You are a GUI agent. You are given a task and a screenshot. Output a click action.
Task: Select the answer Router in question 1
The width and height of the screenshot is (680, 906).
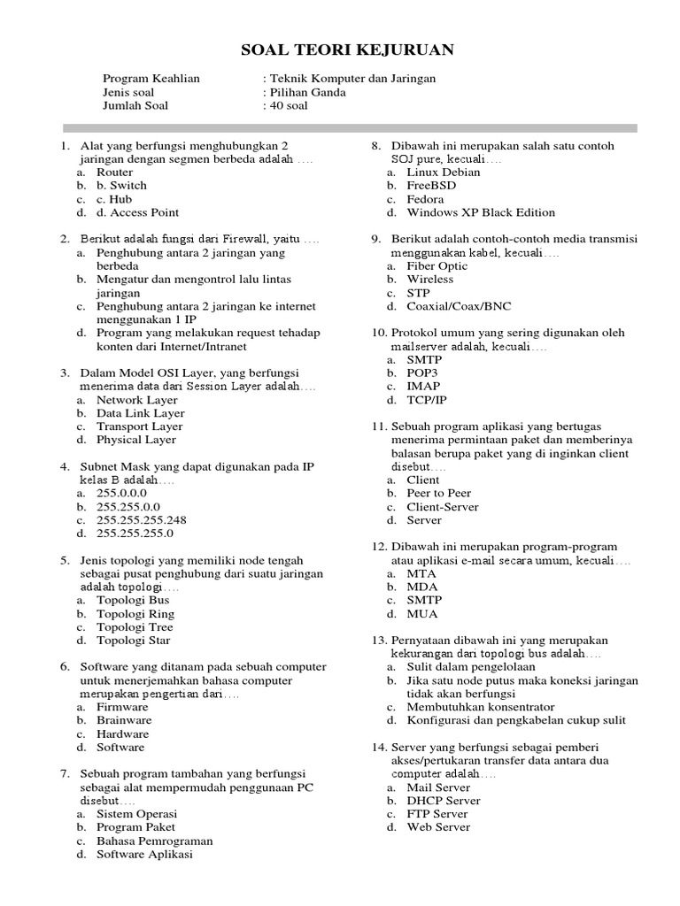pyautogui.click(x=115, y=173)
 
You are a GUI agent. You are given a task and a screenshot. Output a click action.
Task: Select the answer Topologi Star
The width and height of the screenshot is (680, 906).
pyautogui.click(x=134, y=641)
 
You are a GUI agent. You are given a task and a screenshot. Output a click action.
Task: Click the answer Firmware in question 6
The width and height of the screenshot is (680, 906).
pyautogui.click(x=122, y=708)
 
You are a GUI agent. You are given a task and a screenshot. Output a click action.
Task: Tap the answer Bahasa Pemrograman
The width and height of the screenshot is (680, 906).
pyautogui.click(x=154, y=841)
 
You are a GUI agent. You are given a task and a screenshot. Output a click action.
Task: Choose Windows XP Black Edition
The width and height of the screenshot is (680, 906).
pyautogui.click(x=481, y=212)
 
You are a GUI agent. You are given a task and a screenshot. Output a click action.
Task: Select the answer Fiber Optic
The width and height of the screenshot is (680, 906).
pyautogui.click(x=437, y=265)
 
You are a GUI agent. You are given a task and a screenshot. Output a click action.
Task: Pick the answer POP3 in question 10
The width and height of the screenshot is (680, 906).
pyautogui.click(x=422, y=373)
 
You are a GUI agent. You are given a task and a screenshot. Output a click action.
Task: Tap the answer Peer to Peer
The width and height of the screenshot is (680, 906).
pyautogui.click(x=438, y=494)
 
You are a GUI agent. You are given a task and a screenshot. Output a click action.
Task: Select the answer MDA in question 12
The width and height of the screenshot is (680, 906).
pyautogui.click(x=421, y=587)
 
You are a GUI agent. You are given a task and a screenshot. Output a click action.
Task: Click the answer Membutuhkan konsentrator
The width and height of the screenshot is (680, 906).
pyautogui.click(x=480, y=707)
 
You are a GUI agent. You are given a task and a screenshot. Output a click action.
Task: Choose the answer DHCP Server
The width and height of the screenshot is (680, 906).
pyautogui.click(x=443, y=801)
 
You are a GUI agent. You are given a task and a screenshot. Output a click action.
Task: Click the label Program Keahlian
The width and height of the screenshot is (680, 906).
pyautogui.click(x=151, y=79)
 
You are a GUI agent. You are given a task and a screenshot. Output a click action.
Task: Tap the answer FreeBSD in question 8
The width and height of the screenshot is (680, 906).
pyautogui.click(x=431, y=186)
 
